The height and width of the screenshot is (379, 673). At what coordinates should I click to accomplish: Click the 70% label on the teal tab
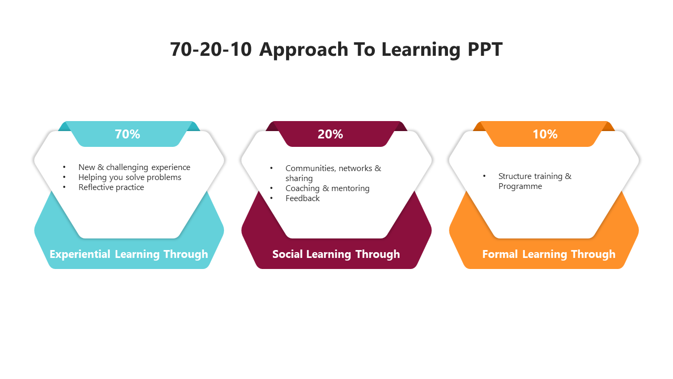[x=127, y=134]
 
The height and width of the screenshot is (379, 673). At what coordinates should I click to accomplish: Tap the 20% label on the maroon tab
[x=330, y=134]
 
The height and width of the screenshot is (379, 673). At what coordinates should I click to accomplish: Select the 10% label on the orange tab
[x=545, y=134]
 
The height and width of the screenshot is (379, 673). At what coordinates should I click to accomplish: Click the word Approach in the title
[x=304, y=49]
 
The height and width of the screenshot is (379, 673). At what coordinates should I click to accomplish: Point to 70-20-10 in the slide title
[x=211, y=49]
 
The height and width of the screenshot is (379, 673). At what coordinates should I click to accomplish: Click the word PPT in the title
[x=485, y=49]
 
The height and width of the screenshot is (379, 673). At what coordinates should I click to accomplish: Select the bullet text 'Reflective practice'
[x=111, y=187]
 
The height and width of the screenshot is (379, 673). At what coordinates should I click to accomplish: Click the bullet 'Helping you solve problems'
[x=130, y=177]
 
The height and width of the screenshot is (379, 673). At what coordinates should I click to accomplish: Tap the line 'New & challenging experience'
[x=134, y=167]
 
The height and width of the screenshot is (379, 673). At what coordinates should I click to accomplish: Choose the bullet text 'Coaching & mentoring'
[x=328, y=188]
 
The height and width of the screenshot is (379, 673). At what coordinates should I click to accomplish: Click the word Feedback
[x=302, y=198]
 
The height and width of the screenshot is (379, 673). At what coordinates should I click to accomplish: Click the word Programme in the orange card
[x=520, y=186]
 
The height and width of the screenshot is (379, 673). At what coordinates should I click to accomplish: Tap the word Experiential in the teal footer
[x=80, y=254]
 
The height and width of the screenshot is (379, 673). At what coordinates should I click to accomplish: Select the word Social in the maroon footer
[x=287, y=254]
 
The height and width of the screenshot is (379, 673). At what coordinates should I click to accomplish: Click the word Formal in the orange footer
[x=500, y=254]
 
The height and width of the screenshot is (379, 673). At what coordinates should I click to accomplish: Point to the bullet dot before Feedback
[x=271, y=198]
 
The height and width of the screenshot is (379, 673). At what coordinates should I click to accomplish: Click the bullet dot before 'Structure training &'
[x=484, y=176]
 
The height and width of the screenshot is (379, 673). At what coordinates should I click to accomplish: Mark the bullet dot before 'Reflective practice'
[x=64, y=187]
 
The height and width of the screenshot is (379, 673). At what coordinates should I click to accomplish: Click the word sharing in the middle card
[x=299, y=178]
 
